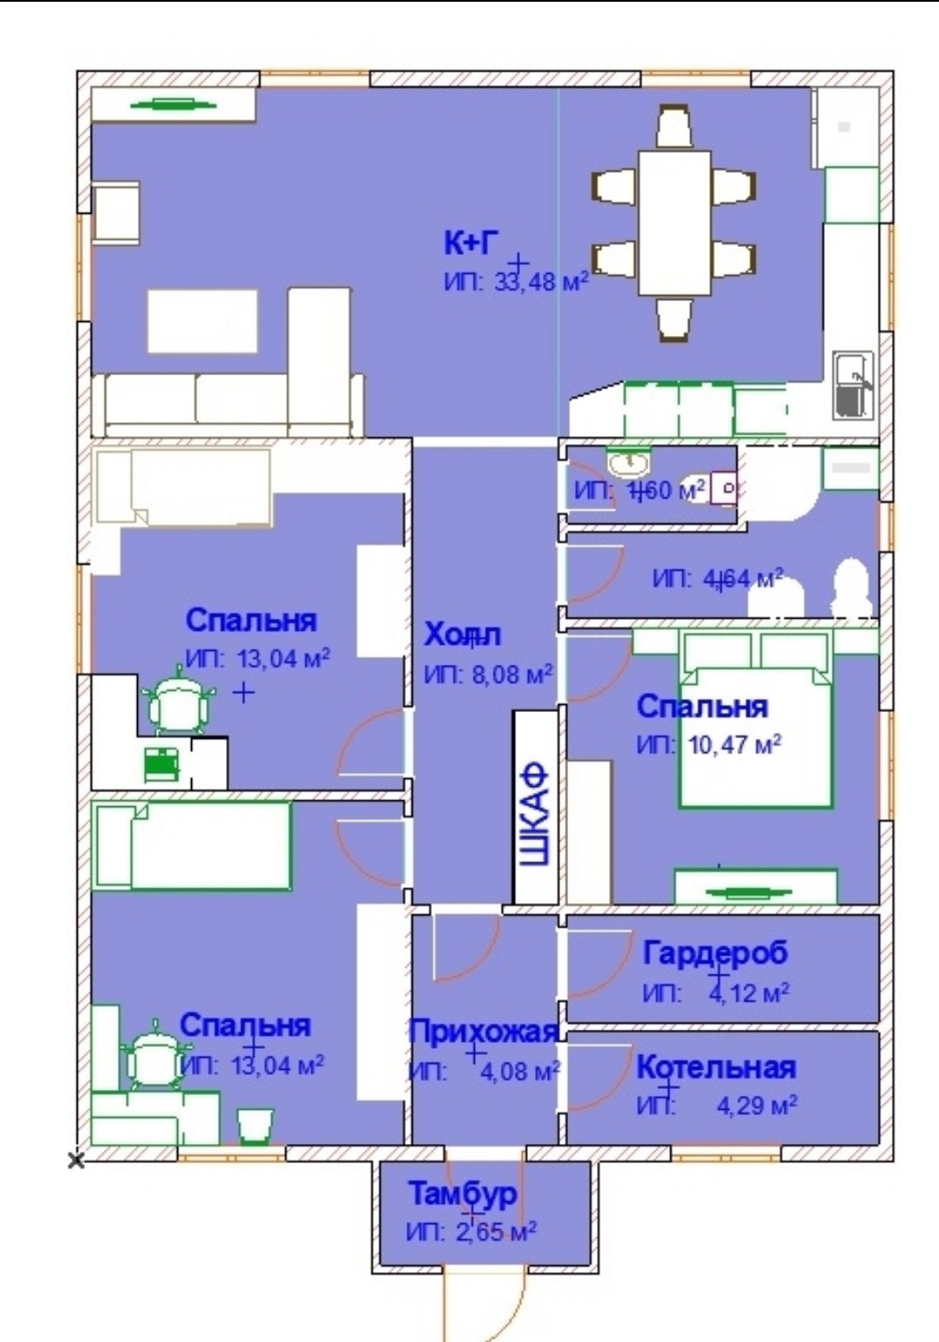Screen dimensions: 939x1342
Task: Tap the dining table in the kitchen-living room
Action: pos(674,223)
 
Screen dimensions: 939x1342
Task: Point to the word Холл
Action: pos(462,635)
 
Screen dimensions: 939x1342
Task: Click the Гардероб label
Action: pos(715,953)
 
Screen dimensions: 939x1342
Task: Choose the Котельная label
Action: pos(716,1067)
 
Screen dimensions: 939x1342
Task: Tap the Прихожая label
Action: pos(483,1031)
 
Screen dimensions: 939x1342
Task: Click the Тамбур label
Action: pos(463,1193)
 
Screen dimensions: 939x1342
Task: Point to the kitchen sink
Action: pos(852,383)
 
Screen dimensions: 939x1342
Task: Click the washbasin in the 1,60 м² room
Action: pos(627,460)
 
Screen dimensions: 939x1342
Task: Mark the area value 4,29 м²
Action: pos(756,1106)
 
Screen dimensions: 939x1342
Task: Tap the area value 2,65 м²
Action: pos(495,1232)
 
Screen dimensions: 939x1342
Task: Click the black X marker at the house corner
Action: pos(77,1160)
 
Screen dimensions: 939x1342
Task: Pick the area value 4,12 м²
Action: pos(749,993)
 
